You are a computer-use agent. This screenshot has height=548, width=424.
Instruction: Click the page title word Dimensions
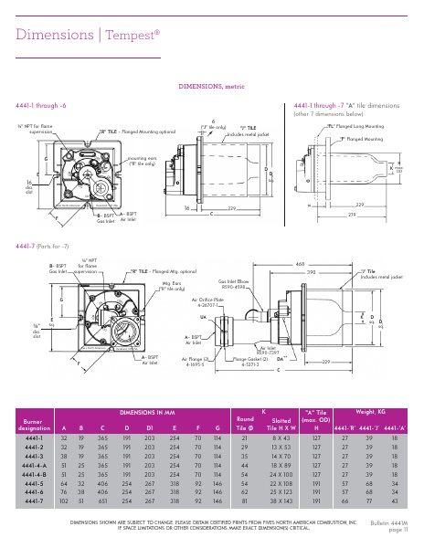(x=54, y=35)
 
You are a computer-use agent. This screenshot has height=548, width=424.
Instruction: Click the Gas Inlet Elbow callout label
(x=237, y=283)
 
